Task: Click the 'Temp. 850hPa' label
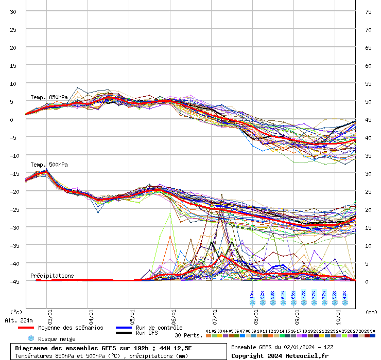click(49, 97)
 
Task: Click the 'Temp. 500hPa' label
click(49, 165)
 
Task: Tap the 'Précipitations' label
click(52, 276)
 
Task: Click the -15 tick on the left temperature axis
click(13, 173)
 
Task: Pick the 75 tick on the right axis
click(368, 11)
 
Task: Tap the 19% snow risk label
click(252, 295)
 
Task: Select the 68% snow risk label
click(293, 295)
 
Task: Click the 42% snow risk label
click(345, 295)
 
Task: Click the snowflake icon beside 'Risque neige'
click(31, 338)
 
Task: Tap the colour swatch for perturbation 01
click(208, 336)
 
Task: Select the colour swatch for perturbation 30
click(373, 336)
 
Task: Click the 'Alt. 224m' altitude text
click(19, 320)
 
